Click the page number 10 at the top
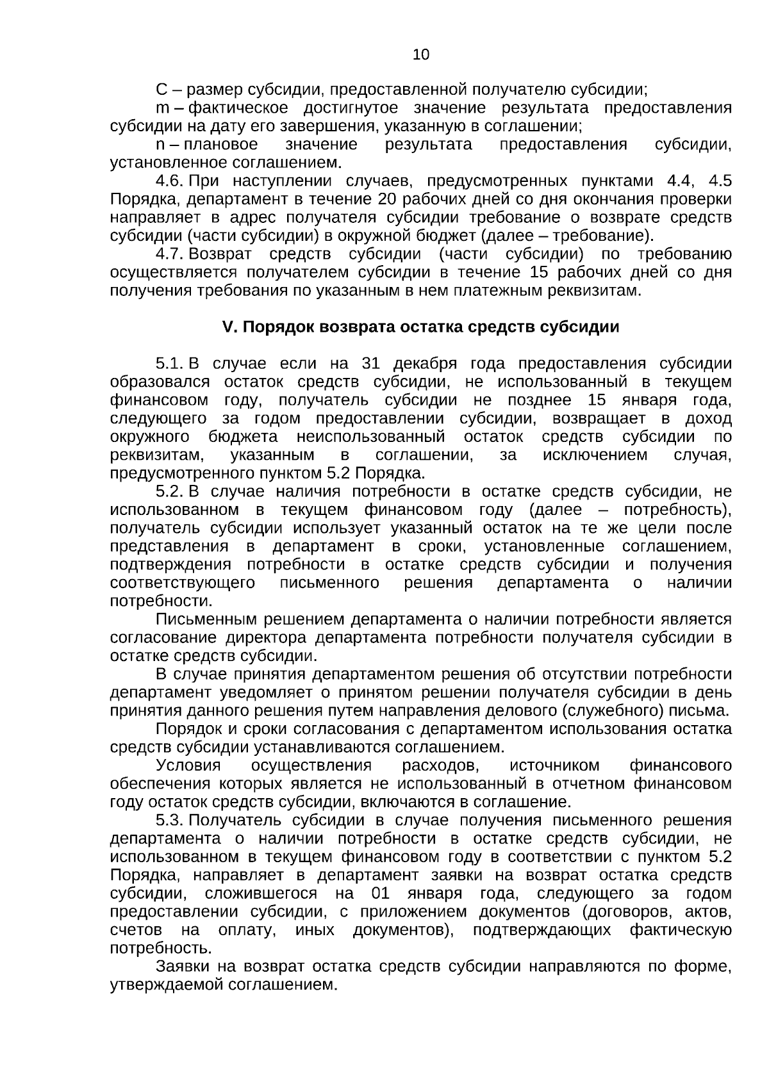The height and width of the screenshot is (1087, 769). click(421, 54)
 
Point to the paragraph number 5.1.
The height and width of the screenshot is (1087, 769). click(170, 364)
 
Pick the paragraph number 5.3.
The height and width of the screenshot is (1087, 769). click(170, 821)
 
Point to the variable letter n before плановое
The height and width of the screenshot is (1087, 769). click(160, 144)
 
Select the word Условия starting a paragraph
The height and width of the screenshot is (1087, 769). click(188, 766)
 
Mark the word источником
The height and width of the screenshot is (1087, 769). click(554, 766)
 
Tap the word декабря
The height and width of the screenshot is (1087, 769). click(425, 364)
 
